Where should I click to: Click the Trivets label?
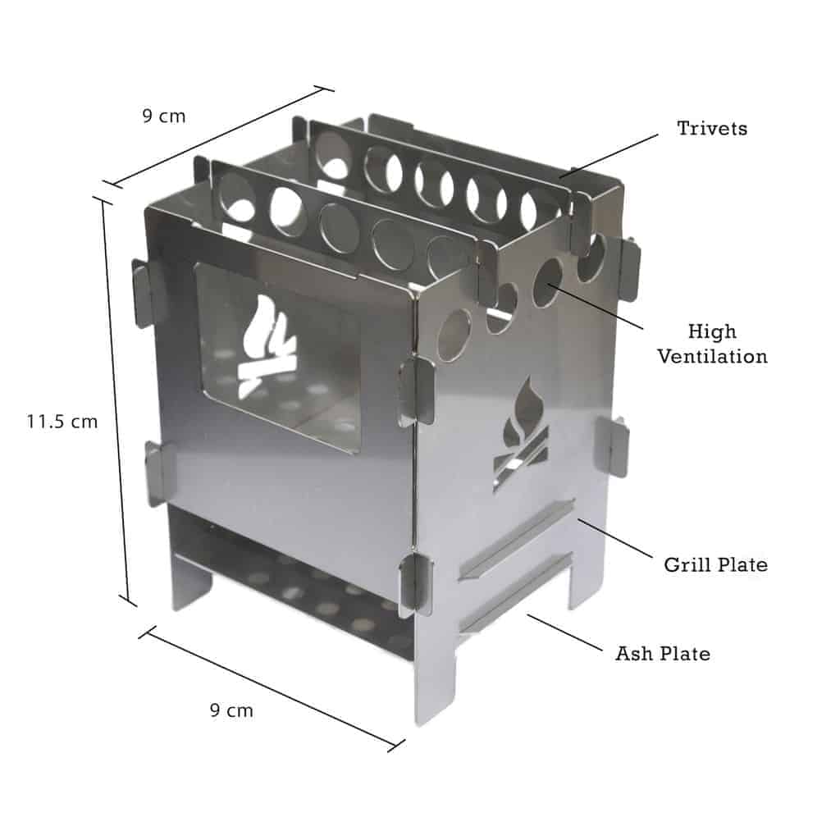711,129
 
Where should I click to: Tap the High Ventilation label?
712,344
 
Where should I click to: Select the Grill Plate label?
715,564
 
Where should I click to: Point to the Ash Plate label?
663,654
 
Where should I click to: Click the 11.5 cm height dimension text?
62,422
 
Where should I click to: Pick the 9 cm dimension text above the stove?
164,116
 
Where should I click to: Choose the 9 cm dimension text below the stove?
231,710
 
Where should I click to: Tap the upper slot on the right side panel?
517,537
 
